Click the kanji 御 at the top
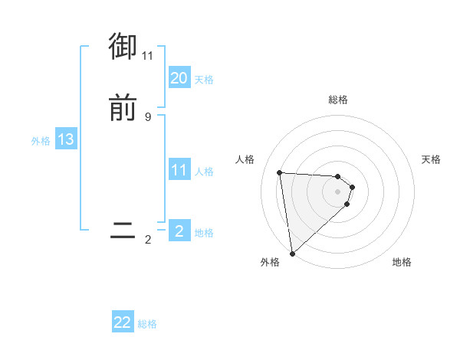[x=123, y=47]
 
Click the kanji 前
[x=123, y=108]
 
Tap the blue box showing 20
[x=179, y=77]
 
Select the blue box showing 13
[x=65, y=139]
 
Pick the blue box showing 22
[x=123, y=322]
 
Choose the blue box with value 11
[x=179, y=170]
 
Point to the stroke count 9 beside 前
[x=147, y=116]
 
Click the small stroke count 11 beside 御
[x=147, y=56]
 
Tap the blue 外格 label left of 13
[x=40, y=140]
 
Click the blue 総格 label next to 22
[x=147, y=324]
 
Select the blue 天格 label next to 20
[x=204, y=79]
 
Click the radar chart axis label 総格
[x=337, y=100]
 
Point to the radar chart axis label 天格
[x=432, y=159]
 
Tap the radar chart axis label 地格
[x=402, y=262]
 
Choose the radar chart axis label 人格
[x=245, y=159]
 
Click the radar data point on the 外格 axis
[x=291, y=252]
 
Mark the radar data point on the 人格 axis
[x=280, y=172]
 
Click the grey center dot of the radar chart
[x=337, y=191]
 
